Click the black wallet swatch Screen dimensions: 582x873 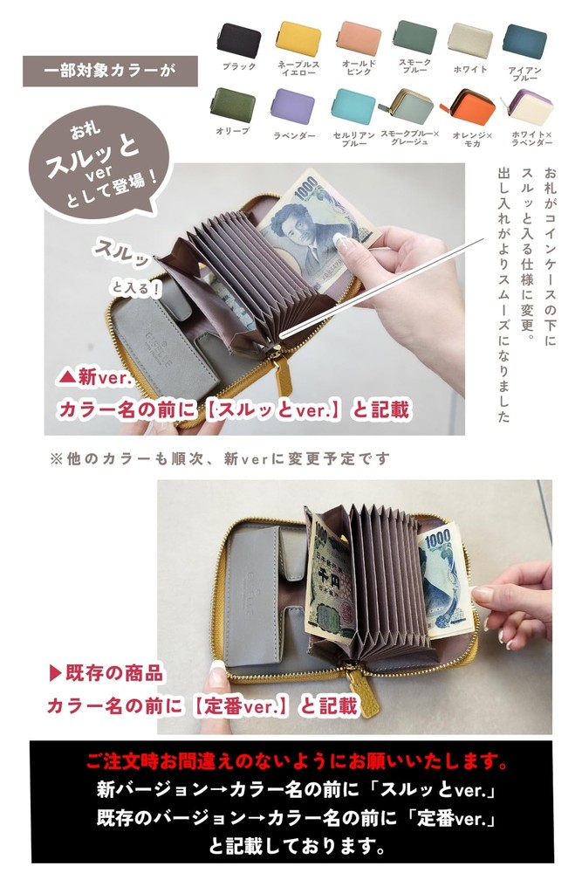click(x=239, y=40)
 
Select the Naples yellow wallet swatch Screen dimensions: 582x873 click(x=298, y=38)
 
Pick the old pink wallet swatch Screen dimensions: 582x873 click(x=359, y=38)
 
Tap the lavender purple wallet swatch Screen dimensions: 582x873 click(x=292, y=107)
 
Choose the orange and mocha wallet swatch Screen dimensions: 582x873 click(x=469, y=107)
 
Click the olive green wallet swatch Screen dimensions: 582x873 click(x=233, y=104)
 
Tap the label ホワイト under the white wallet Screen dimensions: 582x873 click(x=470, y=70)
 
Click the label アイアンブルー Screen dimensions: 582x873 click(x=524, y=74)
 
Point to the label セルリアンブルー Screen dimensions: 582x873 click(x=354, y=139)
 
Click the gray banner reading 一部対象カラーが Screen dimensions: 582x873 click(x=110, y=71)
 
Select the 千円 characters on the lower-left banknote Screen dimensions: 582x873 click(x=329, y=581)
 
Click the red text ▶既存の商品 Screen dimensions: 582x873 click(x=106, y=672)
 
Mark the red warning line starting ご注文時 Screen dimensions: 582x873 click(x=298, y=760)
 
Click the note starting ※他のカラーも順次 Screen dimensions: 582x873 click(x=220, y=458)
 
